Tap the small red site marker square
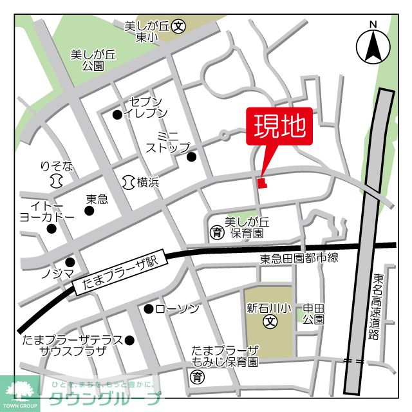(261, 183)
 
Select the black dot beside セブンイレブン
(117, 115)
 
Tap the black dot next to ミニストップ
(191, 156)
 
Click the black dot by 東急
(89, 211)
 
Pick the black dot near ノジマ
(70, 262)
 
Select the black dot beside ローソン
(149, 309)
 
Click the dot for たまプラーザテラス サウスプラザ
(129, 341)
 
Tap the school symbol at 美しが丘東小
(179, 27)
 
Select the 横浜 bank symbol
(127, 183)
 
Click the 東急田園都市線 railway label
(299, 258)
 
